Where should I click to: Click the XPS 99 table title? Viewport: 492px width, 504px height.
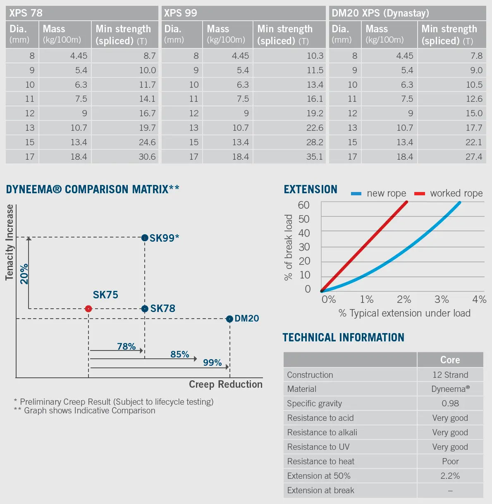coord(181,13)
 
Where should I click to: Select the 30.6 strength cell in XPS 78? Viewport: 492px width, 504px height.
coord(147,157)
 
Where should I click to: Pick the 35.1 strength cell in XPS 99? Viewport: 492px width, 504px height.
coord(315,157)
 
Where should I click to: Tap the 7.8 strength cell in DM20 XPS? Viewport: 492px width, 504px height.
coord(476,55)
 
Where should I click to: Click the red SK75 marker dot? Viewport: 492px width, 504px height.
coord(88,309)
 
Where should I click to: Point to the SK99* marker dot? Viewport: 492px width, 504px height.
coord(145,238)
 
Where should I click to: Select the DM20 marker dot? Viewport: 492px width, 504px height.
coord(229,319)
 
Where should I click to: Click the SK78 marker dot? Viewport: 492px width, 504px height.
coord(145,309)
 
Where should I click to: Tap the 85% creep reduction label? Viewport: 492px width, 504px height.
coord(179,354)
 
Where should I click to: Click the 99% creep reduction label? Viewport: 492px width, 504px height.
coord(212,362)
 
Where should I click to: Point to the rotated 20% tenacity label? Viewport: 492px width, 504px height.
coord(24,274)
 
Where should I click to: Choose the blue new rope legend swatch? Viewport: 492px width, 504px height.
coord(356,194)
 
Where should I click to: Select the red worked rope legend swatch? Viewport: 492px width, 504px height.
coord(420,194)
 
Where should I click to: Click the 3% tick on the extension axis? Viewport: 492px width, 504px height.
coord(442,299)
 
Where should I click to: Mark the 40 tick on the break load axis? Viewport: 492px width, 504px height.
coord(304,233)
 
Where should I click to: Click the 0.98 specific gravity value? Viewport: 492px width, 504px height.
coord(450,403)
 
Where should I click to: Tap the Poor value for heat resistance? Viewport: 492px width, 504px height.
coord(450,461)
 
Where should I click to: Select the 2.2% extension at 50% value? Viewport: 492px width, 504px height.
coord(450,476)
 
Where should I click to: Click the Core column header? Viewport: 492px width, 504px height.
coord(450,360)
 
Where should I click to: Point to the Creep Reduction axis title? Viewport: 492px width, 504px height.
coord(225,384)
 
